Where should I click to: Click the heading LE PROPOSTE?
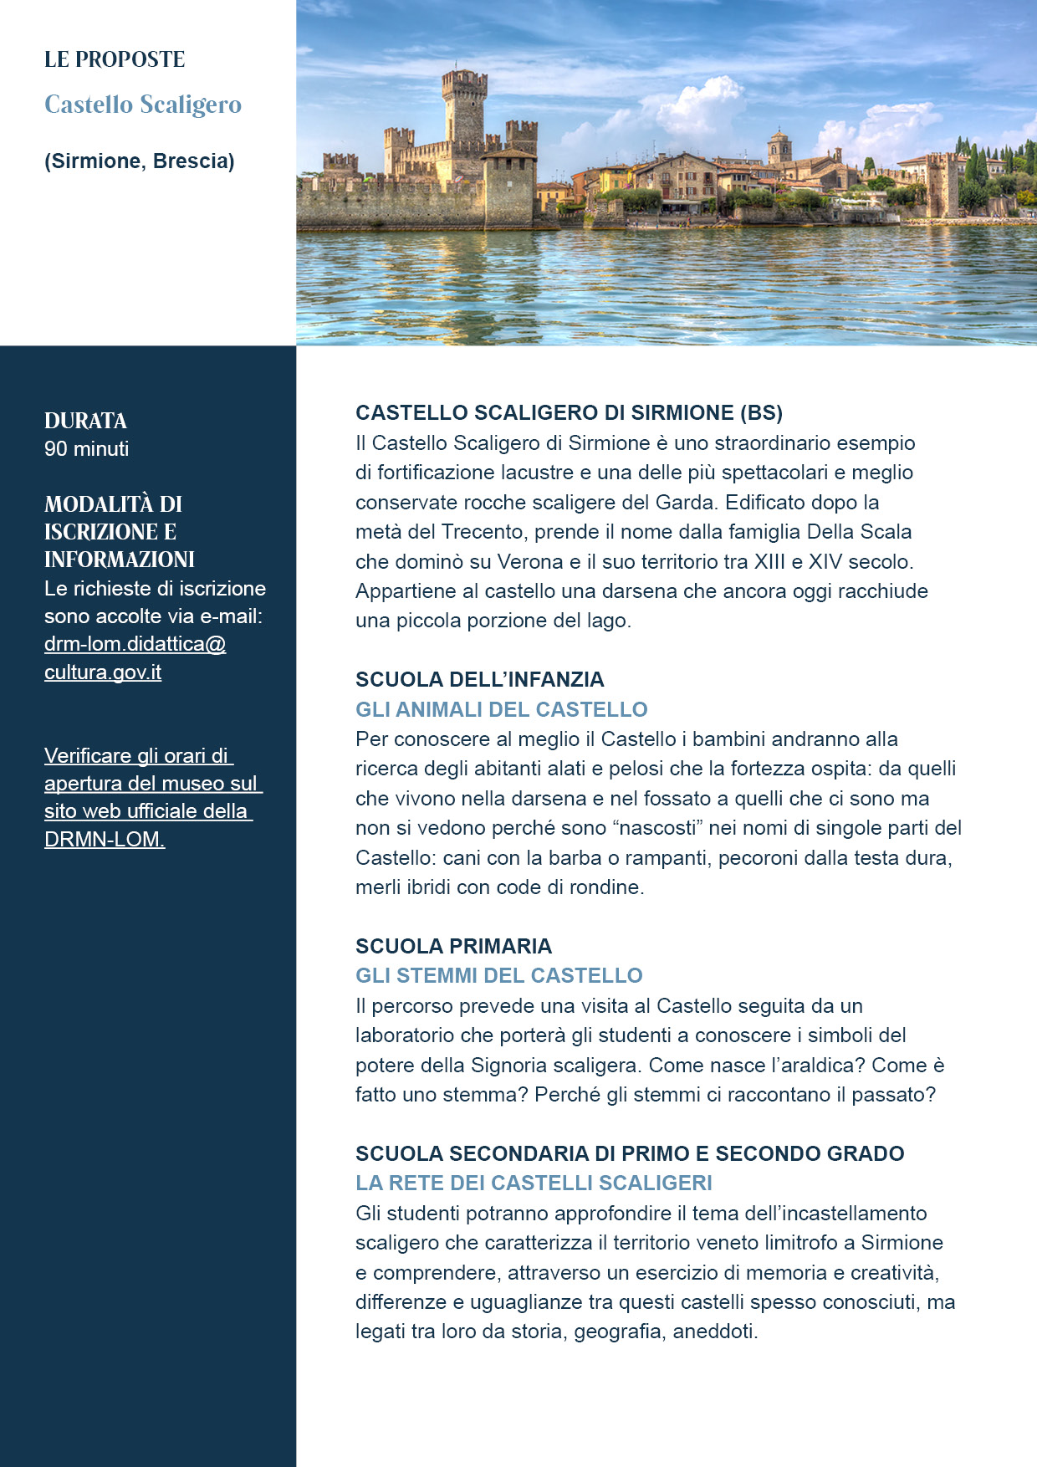point(115,59)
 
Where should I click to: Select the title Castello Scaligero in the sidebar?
point(143,105)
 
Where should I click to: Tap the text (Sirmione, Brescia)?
point(140,161)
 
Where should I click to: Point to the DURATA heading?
point(85,421)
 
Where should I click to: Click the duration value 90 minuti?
point(87,449)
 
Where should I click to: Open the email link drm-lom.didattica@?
point(135,644)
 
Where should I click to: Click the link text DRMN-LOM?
point(105,839)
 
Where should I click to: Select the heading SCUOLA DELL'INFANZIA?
point(479,679)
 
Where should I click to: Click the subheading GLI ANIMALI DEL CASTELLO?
point(501,709)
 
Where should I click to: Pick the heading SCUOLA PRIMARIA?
point(453,946)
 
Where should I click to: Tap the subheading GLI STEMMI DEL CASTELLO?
point(498,975)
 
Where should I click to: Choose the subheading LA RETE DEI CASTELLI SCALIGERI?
point(534,1183)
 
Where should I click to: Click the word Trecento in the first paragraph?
point(483,532)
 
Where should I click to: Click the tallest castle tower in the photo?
point(464,109)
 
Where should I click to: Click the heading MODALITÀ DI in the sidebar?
point(113,504)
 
